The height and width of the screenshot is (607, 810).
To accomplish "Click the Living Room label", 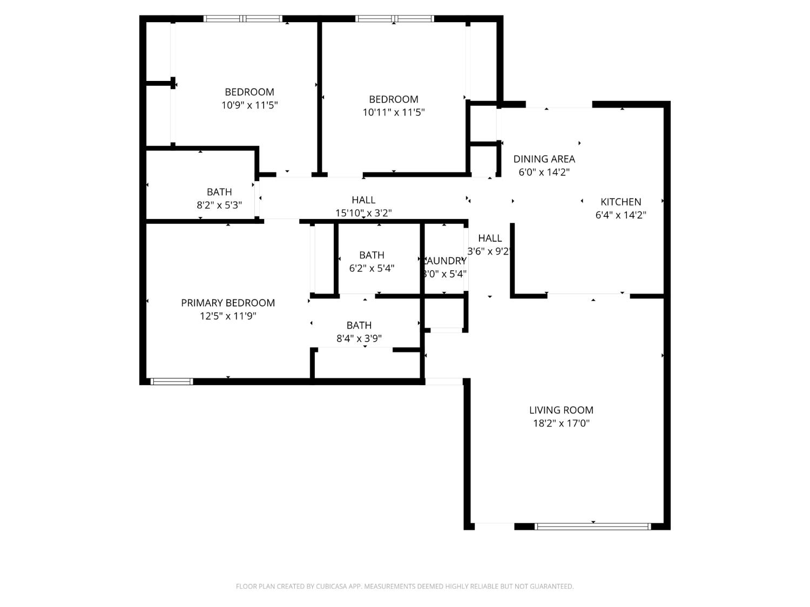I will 561,410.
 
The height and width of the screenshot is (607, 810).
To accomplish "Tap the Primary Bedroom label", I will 228,303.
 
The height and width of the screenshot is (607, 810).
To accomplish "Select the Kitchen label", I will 620,202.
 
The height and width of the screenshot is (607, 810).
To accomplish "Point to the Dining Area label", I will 544,159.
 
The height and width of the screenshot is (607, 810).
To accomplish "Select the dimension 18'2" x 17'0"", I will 561,424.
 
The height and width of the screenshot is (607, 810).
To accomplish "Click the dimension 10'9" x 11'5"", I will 249,105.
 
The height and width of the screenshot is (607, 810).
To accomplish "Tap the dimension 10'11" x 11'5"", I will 393,112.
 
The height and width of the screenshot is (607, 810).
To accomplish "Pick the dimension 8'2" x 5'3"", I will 219,206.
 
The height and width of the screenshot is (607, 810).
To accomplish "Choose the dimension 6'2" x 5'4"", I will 372,268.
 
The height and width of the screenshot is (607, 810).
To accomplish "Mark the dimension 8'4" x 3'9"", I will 359,339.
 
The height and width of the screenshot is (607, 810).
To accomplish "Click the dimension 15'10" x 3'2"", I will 363,213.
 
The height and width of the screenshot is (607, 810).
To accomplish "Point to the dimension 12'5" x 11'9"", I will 228,316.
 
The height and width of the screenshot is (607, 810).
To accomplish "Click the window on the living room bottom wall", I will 592,526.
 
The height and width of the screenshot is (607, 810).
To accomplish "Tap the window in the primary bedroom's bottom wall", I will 171,381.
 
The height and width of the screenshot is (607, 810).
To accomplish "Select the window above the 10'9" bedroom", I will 243,19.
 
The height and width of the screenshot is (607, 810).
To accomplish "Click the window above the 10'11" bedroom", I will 394,19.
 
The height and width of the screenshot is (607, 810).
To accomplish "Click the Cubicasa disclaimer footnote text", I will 404,586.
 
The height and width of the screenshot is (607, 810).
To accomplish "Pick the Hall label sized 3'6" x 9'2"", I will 490,238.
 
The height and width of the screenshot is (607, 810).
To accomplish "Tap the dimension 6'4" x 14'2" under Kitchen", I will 620,215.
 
